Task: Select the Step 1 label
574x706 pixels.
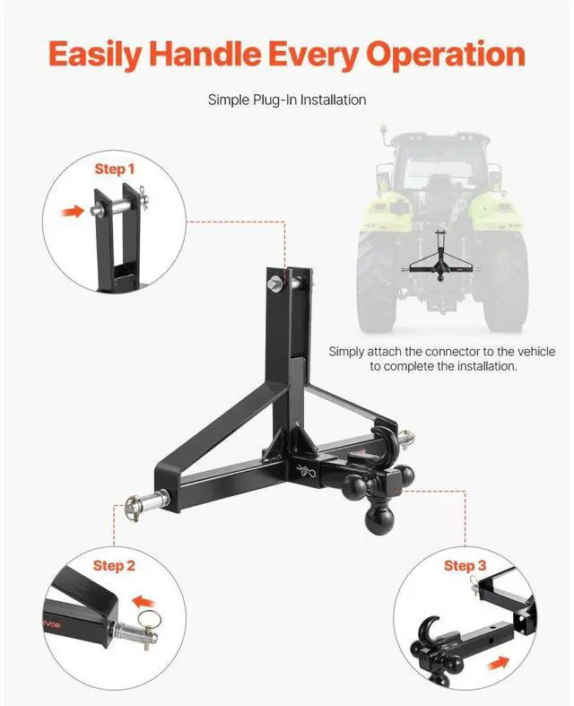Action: (115, 169)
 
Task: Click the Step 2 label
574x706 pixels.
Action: (114, 565)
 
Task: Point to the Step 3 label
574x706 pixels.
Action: (465, 565)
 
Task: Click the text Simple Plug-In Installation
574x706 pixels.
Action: (287, 100)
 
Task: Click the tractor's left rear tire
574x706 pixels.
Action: (378, 279)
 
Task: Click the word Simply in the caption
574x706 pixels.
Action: (347, 352)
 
